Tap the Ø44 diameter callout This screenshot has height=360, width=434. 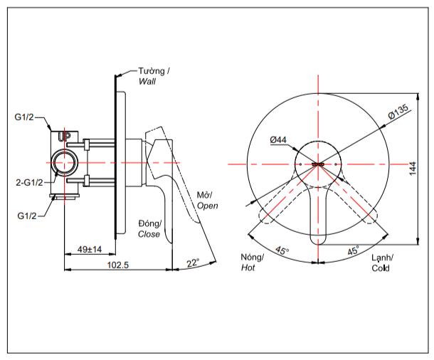[278, 140]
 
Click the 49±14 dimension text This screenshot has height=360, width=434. [90, 249]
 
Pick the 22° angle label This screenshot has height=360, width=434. [193, 262]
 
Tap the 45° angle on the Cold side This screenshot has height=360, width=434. [354, 251]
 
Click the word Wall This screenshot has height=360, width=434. [147, 81]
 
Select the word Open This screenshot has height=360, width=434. [207, 206]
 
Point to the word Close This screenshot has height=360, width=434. [149, 233]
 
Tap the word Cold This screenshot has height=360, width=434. [381, 268]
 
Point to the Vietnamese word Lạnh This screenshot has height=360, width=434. [381, 258]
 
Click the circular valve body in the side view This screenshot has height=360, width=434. [64, 163]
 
